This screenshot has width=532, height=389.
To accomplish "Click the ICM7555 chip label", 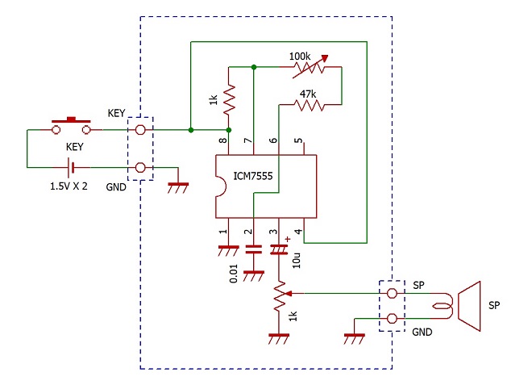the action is pos(253,176).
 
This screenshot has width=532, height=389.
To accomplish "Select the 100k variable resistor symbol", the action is pos(310,67).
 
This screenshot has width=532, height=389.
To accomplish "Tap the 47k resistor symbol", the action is pos(310,105).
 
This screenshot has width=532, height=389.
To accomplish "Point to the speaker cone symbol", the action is pos(470,306).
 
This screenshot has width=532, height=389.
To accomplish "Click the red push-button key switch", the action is pos(71,125).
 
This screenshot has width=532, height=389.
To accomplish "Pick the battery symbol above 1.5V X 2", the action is pos(71,168).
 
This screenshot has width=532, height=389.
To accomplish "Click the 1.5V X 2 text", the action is pos(69,186).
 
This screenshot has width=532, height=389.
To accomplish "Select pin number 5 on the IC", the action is pos(298,140).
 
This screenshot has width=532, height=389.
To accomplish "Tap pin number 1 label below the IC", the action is pos(223,232).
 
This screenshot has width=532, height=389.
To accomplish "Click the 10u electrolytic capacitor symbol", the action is pos(279,249).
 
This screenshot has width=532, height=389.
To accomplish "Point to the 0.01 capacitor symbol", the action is pos(253,249).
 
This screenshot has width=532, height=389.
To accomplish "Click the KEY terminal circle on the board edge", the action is pos(140,130).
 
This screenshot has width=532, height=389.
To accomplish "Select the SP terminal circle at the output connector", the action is pos(392,293).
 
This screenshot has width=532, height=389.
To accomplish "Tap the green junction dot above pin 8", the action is pos(229,130).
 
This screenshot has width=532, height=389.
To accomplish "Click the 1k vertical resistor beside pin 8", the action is pos(229,99).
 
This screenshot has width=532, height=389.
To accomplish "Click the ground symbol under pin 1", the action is pos(228,251).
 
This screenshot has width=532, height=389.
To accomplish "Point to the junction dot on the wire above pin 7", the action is pos(254,67).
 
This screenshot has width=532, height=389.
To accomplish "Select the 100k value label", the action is pos(300,56).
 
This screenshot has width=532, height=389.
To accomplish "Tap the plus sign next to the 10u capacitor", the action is pos(288,239).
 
